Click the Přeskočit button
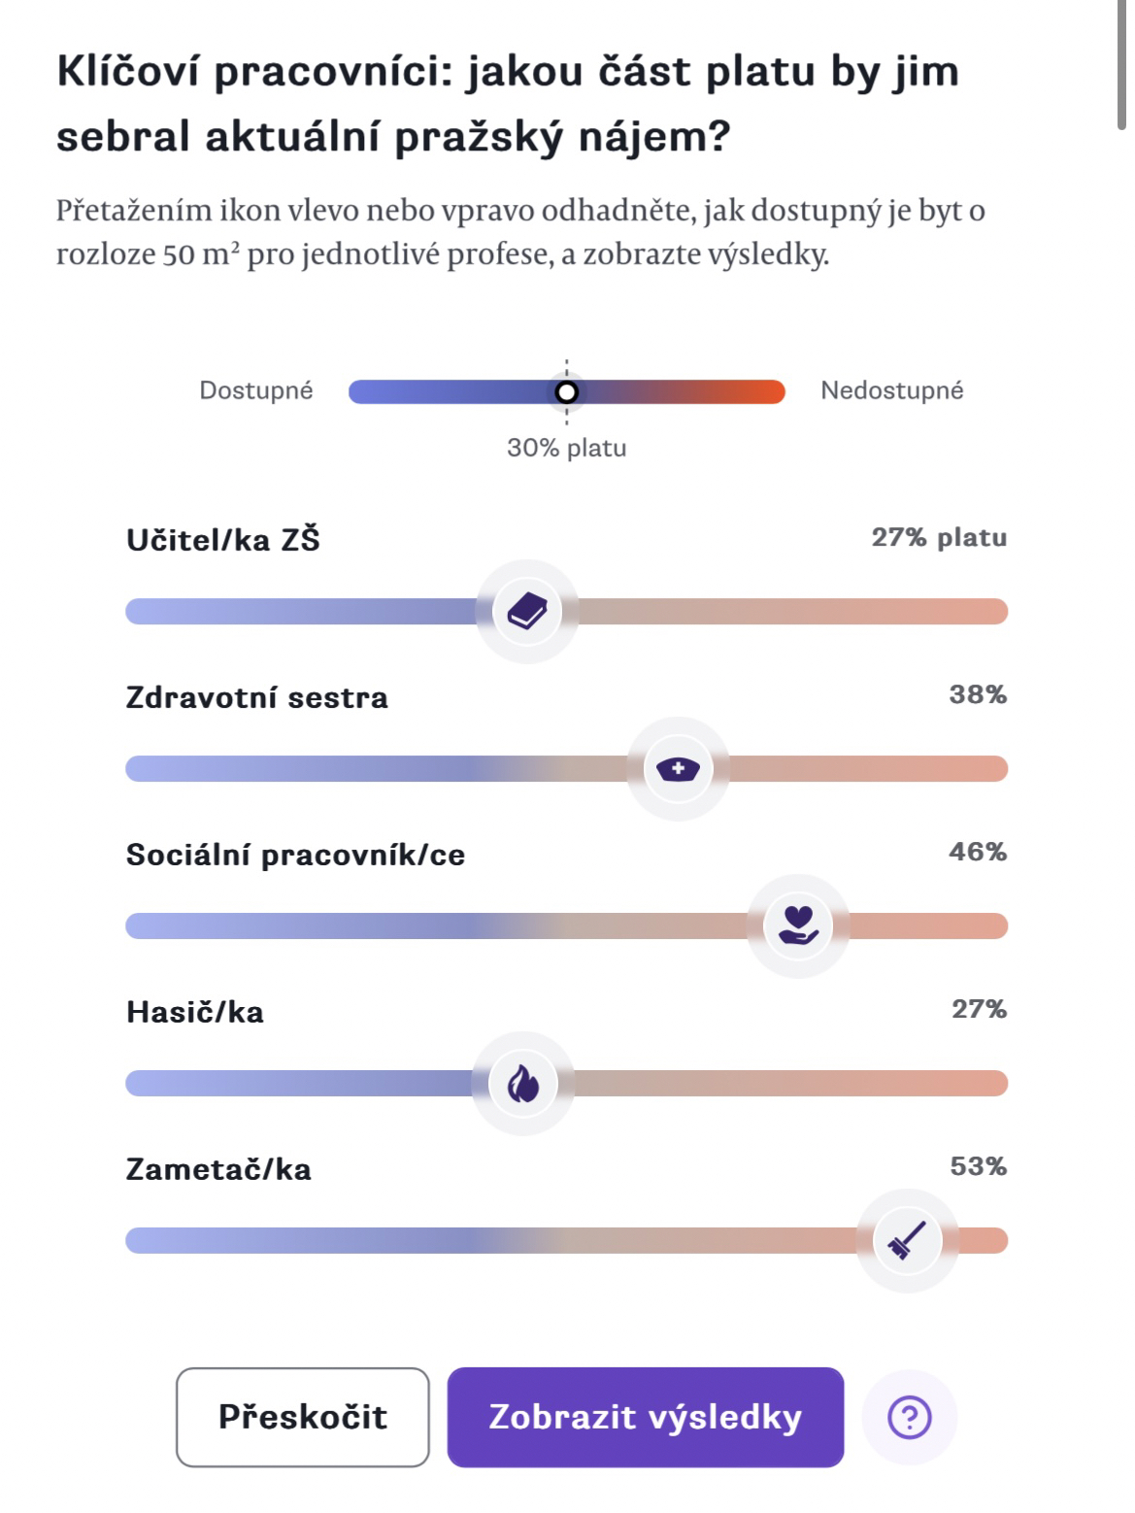coord(302,1417)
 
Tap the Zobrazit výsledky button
coord(645,1417)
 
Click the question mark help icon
coord(910,1418)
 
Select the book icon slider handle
coord(527,612)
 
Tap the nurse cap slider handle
coord(678,769)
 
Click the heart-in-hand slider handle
coord(798,925)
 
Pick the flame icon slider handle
coord(523,1083)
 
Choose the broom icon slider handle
coord(907,1240)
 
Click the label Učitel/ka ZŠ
coord(223,540)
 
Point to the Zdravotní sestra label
coord(257,697)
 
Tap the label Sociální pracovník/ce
coord(296,855)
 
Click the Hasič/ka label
coord(195,1012)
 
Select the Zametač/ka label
coord(219,1169)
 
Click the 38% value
coord(978,694)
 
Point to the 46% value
coord(978,852)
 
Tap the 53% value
coord(978,1165)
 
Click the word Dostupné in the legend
coord(256,390)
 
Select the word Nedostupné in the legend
coord(891,390)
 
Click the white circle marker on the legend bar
coord(567,391)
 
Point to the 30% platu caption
coord(567,448)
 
